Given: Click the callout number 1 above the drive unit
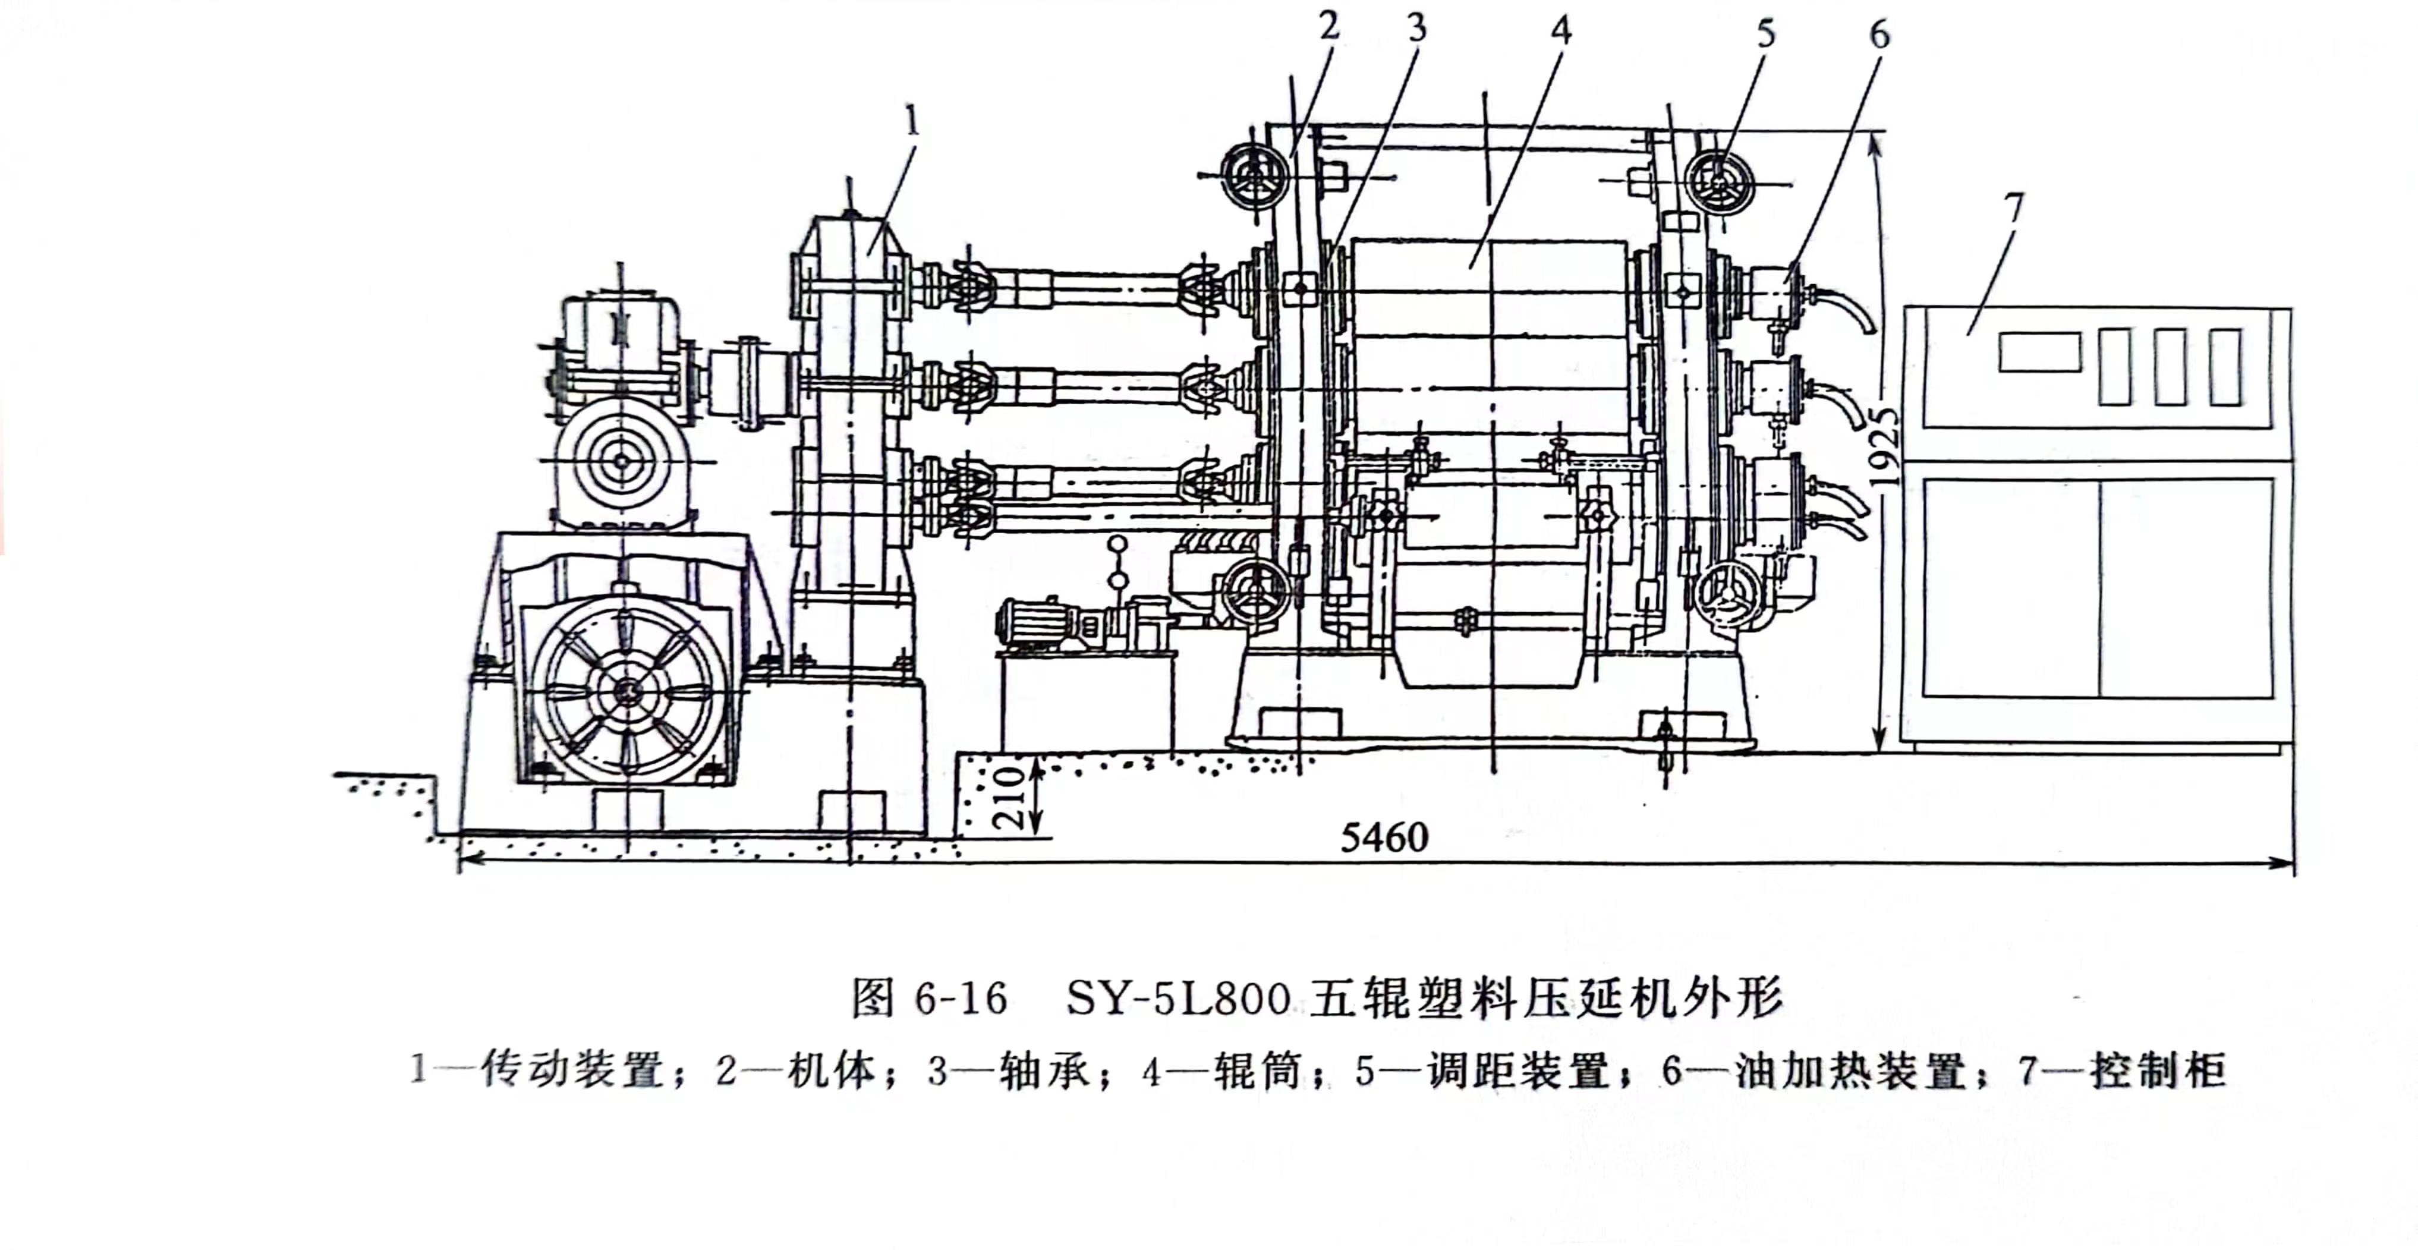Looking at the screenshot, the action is (x=911, y=122).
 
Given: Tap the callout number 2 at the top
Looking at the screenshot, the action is (x=1329, y=26).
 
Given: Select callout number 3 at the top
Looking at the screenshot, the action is (x=1418, y=28).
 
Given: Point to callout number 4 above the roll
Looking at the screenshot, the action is (x=1560, y=30).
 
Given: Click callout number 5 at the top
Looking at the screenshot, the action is (x=1767, y=34).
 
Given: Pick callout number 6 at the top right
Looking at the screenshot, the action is (x=1879, y=34).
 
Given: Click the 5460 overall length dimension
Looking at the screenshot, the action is (x=1384, y=837).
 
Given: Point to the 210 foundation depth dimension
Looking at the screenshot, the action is (x=1009, y=796).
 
